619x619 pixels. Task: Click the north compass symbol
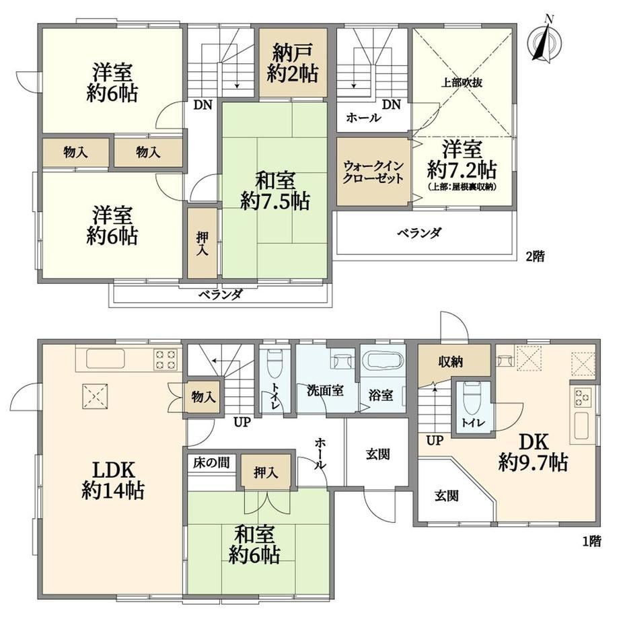[x=545, y=39]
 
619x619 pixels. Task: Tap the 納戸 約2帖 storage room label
[x=293, y=63]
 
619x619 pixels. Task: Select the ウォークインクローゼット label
[x=373, y=172]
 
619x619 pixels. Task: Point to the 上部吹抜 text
[x=462, y=83]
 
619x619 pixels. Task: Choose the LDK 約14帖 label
[x=113, y=480]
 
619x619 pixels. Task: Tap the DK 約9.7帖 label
[x=533, y=452]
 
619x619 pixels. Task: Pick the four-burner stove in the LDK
[x=166, y=359]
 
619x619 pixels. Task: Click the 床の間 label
[x=211, y=463]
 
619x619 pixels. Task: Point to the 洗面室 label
[x=325, y=391]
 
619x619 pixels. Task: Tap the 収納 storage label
[x=450, y=361]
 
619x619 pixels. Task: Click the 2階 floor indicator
[x=534, y=256]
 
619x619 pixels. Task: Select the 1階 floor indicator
[x=591, y=541]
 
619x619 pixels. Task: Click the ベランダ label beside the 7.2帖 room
[x=419, y=233]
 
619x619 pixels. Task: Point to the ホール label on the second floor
[x=363, y=118]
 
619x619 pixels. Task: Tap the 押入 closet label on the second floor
[x=202, y=243]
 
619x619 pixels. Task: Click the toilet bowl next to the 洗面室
[x=274, y=363]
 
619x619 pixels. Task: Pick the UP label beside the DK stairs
[x=435, y=440]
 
